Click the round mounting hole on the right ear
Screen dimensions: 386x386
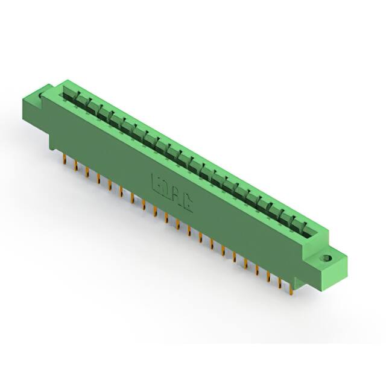327,258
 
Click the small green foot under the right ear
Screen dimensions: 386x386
320,284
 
